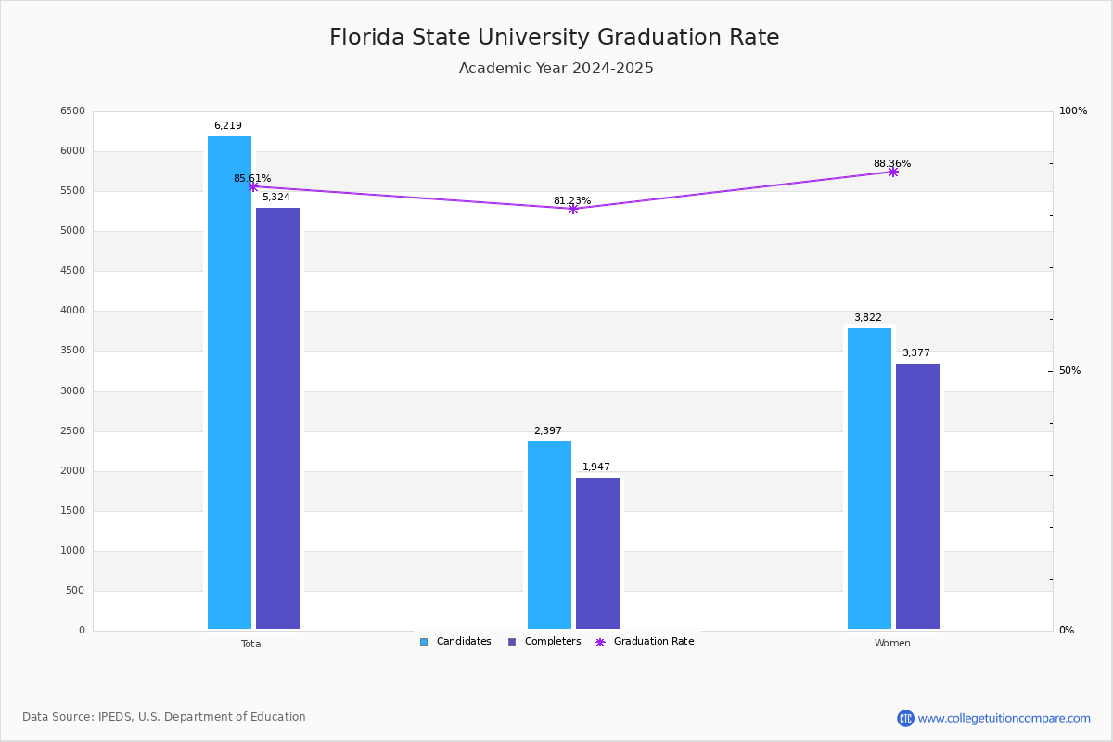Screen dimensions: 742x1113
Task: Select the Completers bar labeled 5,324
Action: pyautogui.click(x=277, y=417)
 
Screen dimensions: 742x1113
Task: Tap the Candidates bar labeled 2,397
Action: pyautogui.click(x=549, y=535)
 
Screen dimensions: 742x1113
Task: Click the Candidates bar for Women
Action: pyautogui.click(x=869, y=479)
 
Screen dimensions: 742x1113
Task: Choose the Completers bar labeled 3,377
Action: pyautogui.click(x=917, y=496)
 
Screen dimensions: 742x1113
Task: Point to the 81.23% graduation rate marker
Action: pyautogui.click(x=573, y=209)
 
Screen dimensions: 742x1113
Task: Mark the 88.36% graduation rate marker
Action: pyautogui.click(x=893, y=172)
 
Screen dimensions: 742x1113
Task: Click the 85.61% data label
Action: pyautogui.click(x=252, y=178)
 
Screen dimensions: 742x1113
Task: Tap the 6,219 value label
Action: pyautogui.click(x=228, y=125)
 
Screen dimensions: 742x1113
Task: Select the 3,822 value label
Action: pyautogui.click(x=868, y=317)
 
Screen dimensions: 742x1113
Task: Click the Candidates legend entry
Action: pyautogui.click(x=455, y=642)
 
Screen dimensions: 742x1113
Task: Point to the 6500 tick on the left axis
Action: pyautogui.click(x=72, y=111)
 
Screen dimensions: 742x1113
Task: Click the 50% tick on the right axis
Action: pyautogui.click(x=1069, y=371)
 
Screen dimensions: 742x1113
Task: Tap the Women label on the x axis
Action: pyautogui.click(x=892, y=644)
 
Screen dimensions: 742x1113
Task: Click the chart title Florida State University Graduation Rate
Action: pyautogui.click(x=555, y=37)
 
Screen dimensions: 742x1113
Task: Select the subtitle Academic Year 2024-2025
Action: pyautogui.click(x=556, y=69)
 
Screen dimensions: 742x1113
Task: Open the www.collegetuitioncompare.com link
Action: pyautogui.click(x=1004, y=718)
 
